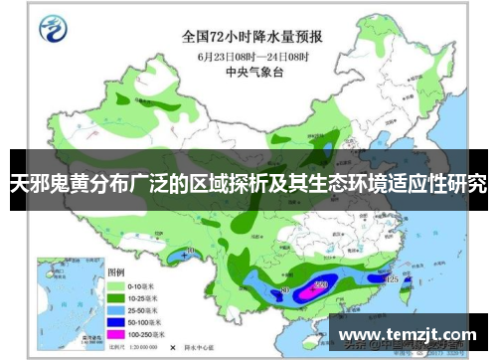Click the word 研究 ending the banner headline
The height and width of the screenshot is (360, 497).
coord(465,185)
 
